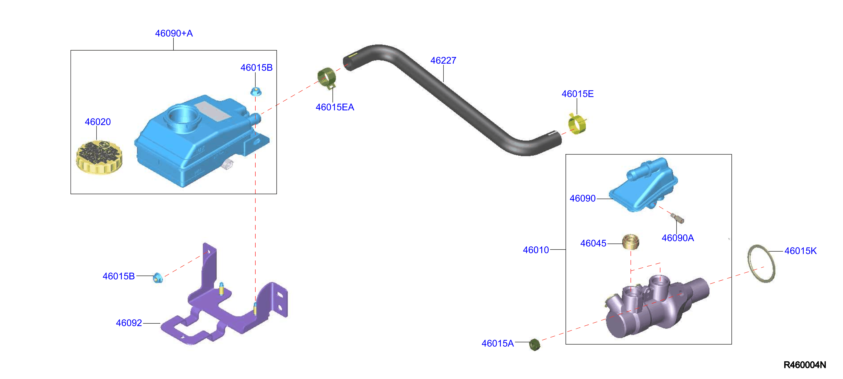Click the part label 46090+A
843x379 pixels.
[174, 33]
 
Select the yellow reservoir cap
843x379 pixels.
[99, 157]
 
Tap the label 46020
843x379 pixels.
[98, 122]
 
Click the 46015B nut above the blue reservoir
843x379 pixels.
[256, 91]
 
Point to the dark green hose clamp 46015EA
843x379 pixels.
[327, 78]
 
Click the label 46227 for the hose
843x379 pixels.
[443, 61]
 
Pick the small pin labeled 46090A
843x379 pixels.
[677, 218]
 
